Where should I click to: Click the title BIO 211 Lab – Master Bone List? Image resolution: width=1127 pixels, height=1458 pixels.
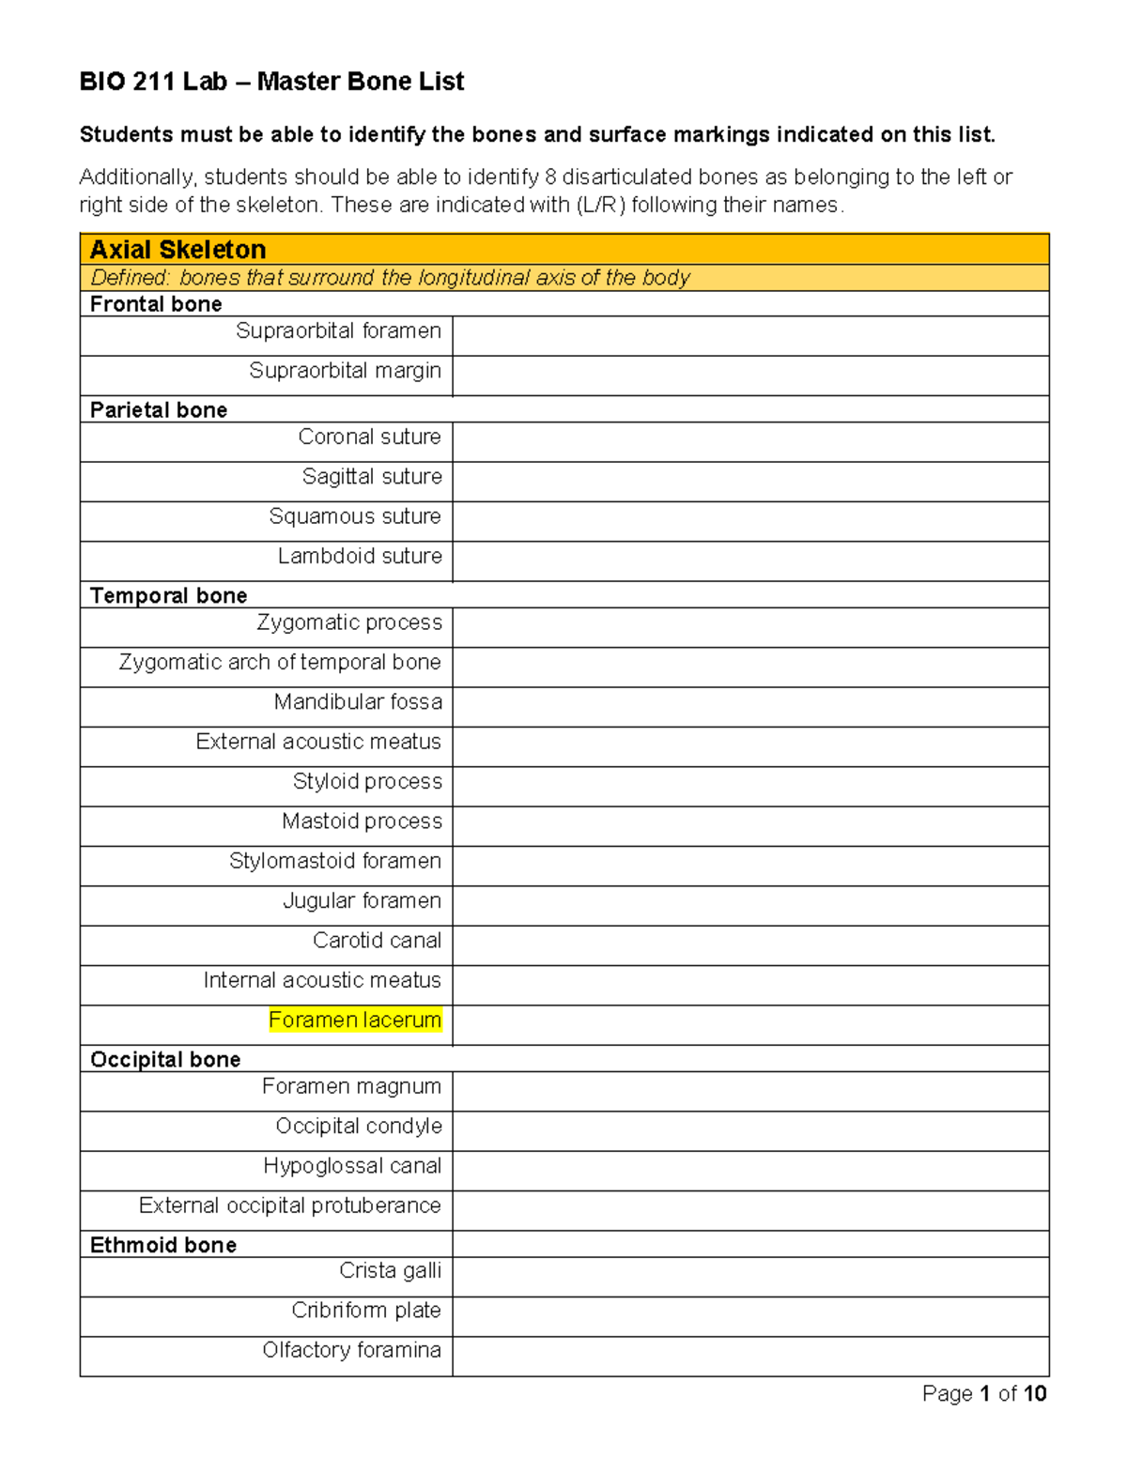tap(271, 82)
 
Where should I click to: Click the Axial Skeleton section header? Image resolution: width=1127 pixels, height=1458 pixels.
tap(178, 250)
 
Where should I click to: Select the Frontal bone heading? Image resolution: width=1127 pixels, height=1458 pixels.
tap(156, 304)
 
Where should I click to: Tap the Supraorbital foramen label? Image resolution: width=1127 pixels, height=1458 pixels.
tap(338, 331)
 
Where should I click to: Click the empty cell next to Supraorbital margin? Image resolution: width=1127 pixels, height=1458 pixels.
tap(749, 376)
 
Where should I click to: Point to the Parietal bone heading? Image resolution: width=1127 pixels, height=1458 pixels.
tap(159, 410)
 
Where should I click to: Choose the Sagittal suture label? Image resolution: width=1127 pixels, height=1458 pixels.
tap(372, 477)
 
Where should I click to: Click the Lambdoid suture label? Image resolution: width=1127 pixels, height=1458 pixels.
tap(360, 557)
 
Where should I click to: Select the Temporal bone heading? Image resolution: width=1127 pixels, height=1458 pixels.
tap(168, 596)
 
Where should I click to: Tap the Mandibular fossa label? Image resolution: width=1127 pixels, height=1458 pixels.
tap(358, 702)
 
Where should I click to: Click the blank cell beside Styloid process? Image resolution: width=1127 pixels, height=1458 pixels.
tap(749, 786)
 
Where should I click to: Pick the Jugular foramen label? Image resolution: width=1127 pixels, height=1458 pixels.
tap(362, 901)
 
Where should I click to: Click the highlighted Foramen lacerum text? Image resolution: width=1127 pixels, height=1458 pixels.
tap(355, 1021)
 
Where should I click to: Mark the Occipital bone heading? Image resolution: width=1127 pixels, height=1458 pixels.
tap(165, 1060)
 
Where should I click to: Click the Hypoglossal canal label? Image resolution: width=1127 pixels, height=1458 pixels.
tap(351, 1166)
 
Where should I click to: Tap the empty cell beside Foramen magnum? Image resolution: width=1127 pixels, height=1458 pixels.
tap(749, 1091)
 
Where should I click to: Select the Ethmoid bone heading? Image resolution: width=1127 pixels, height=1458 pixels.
tap(163, 1246)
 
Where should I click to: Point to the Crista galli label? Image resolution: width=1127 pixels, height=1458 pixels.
tap(390, 1271)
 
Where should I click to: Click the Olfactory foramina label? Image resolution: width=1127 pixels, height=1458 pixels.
tap(351, 1350)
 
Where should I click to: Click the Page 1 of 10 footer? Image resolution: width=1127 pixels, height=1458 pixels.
tap(984, 1394)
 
